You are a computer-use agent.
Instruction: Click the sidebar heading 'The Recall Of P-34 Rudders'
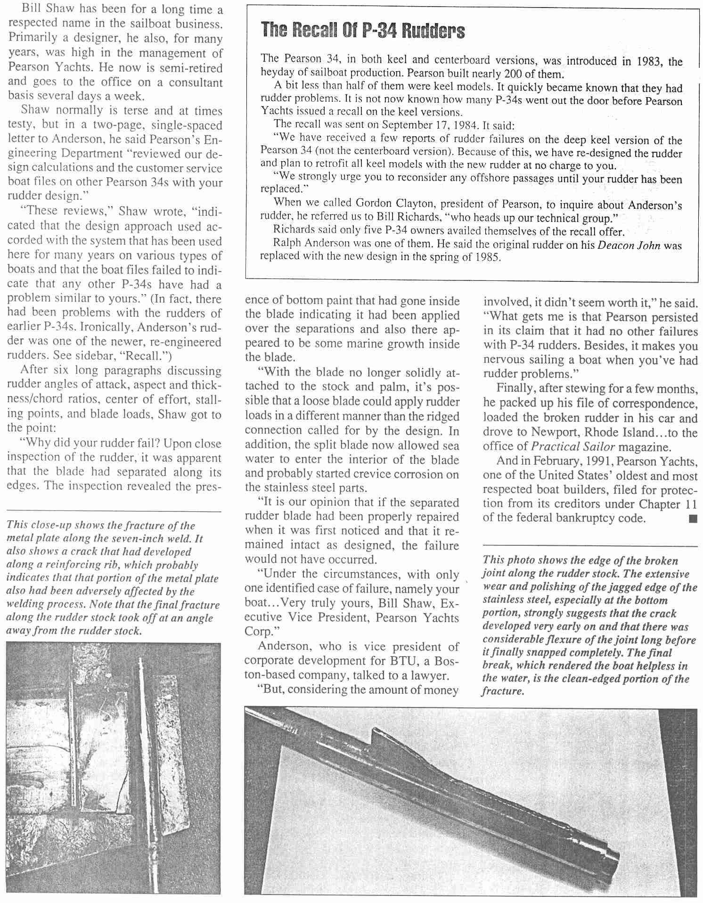coord(363,31)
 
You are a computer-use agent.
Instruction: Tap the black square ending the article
coord(692,519)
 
